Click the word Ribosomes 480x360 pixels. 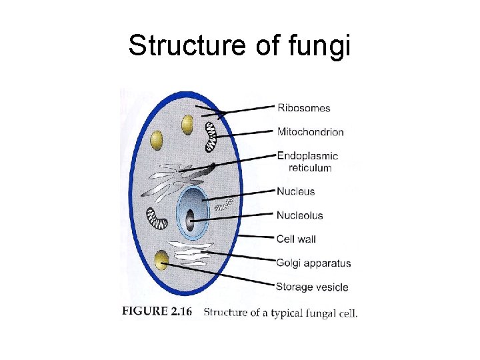pos(303,108)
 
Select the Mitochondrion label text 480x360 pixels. pos(311,132)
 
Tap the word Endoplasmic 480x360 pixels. pos(307,156)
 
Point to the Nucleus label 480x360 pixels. pos(296,191)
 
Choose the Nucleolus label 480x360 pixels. pos(300,215)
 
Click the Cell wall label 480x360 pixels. pos(296,239)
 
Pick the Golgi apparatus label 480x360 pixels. pos(313,263)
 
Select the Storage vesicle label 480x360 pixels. pos(312,287)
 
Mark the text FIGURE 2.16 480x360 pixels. pos(157,312)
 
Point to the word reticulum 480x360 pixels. pos(310,167)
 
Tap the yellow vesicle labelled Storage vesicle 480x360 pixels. pos(161,260)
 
